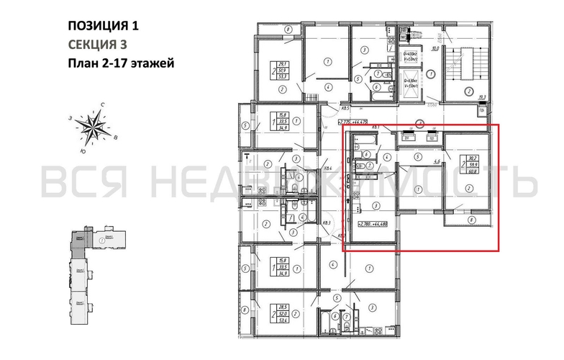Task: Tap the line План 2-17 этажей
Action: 120,63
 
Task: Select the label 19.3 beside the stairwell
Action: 483,96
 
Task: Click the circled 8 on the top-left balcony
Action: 287,30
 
